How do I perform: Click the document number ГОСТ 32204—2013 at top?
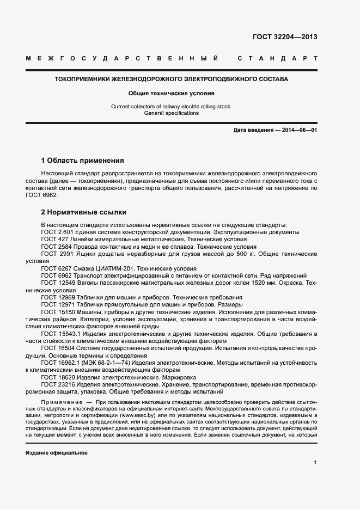point(285,37)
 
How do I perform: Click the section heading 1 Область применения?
point(83,161)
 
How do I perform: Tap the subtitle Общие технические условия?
point(172,93)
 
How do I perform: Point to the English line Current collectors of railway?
point(172,106)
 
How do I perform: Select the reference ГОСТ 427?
point(53,240)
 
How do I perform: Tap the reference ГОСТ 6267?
point(55,268)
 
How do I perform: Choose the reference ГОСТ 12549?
point(57,283)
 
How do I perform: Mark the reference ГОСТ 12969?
point(57,297)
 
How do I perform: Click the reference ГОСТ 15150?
point(57,312)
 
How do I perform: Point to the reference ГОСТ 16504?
point(57,348)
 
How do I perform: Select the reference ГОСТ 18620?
point(57,377)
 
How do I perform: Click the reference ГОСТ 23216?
point(57,384)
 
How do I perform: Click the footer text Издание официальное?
point(57,453)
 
